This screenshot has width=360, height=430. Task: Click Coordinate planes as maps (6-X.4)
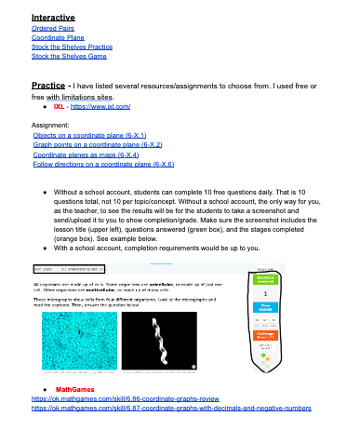tap(86, 155)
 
